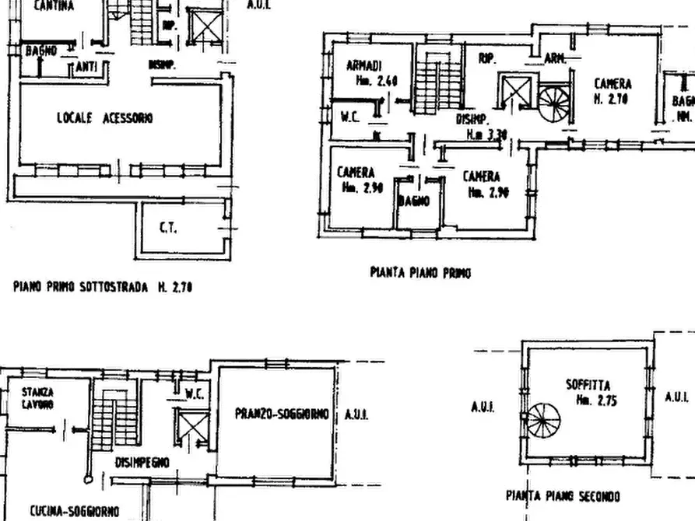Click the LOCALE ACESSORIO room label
(104, 118)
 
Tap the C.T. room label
(167, 228)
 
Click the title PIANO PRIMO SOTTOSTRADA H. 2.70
(103, 287)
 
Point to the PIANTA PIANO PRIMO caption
(419, 273)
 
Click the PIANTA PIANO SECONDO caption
(563, 495)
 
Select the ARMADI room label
(363, 65)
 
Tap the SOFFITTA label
(588, 385)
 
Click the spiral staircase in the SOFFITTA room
(543, 421)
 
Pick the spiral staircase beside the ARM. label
(553, 103)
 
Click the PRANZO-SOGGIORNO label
(282, 414)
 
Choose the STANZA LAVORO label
(37, 398)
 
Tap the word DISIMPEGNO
(142, 462)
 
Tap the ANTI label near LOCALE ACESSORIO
(86, 68)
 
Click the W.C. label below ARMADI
(350, 117)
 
